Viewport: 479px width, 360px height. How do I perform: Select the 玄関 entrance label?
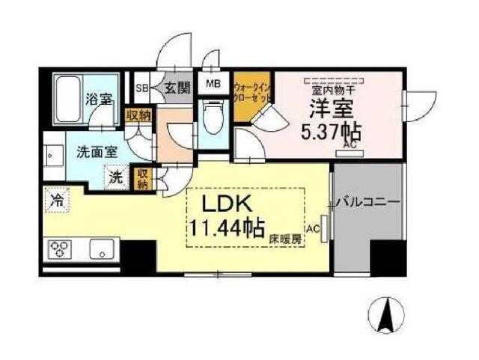click(x=176, y=87)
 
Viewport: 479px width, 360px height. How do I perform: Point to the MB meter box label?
click(x=213, y=84)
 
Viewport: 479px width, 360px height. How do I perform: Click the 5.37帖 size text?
click(x=330, y=132)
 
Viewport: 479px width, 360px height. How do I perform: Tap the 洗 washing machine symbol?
click(x=117, y=177)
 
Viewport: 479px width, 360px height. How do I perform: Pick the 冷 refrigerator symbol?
click(x=57, y=199)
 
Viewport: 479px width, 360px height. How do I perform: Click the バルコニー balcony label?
click(x=368, y=201)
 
